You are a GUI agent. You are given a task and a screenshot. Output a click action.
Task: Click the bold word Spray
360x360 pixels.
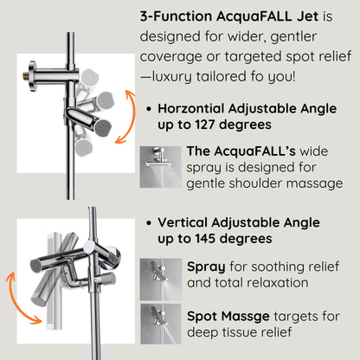(x=205, y=266)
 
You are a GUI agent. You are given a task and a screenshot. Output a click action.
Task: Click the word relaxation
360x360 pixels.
(x=269, y=282)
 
